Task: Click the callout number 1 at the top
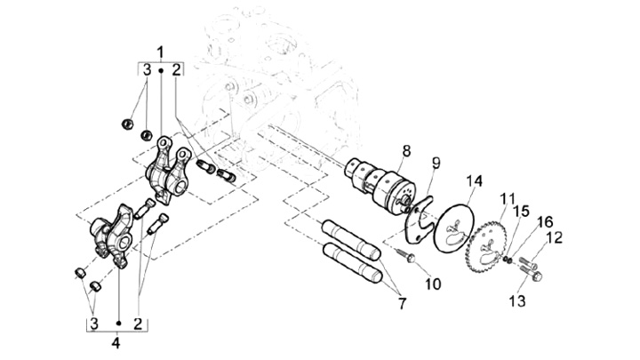160,52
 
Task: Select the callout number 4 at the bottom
116,342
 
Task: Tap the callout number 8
406,150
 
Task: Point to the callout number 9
436,164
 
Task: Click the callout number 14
475,180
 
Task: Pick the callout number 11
508,199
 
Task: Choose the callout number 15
521,212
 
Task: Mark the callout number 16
545,222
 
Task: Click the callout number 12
554,238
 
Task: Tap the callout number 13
517,301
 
